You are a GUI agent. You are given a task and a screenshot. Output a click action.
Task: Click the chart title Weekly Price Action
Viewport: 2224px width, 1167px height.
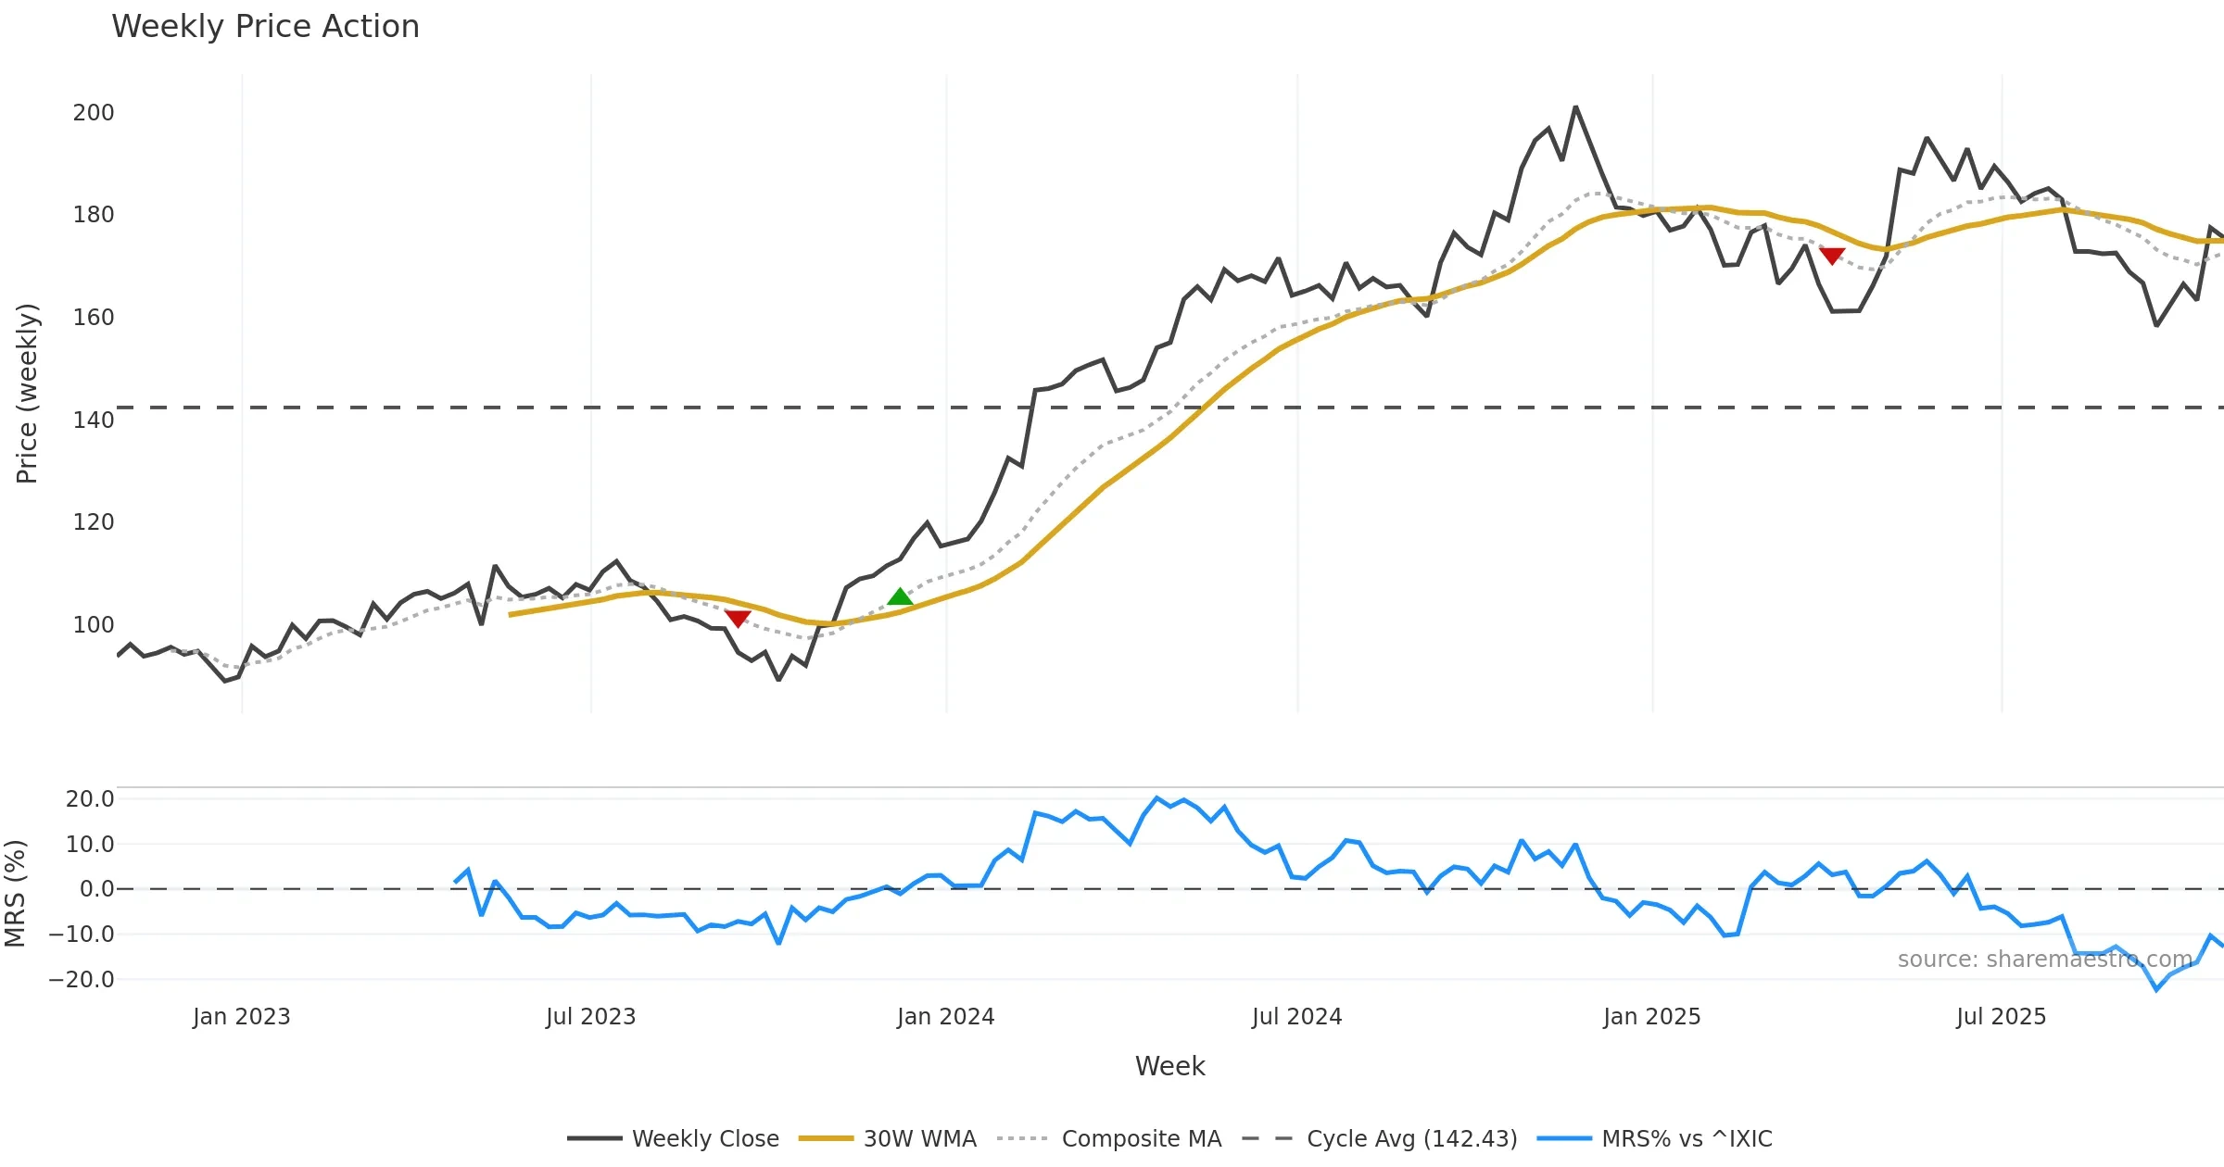265,27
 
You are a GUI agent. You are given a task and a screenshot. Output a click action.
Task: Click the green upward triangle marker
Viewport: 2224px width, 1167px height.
900,597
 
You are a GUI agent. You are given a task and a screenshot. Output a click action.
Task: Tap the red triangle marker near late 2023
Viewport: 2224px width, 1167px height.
738,618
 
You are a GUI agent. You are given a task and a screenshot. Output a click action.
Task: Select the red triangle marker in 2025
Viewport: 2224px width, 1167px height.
1832,255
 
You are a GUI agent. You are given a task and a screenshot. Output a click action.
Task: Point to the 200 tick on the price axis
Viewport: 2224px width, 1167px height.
94,113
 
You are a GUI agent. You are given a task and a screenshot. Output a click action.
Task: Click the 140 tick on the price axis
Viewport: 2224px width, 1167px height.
94,420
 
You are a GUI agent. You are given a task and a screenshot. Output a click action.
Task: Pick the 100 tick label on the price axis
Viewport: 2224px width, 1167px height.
94,625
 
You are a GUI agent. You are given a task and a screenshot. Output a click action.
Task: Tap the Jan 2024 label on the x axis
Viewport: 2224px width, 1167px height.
945,1017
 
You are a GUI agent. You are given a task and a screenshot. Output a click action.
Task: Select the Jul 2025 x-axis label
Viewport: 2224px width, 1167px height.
2001,1017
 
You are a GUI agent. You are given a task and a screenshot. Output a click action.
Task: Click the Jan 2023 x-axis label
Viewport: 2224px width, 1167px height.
241,1017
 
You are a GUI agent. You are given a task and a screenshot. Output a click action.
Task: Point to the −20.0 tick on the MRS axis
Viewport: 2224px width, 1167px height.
82,980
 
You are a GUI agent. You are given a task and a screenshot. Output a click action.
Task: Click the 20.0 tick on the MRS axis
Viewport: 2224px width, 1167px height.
90,799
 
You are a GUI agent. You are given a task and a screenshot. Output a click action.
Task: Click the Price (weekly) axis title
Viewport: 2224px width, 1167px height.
27,394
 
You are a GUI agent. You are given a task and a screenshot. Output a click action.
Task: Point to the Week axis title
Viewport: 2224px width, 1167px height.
1169,1067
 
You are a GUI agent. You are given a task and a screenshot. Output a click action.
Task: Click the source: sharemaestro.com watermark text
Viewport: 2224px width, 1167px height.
2044,960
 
